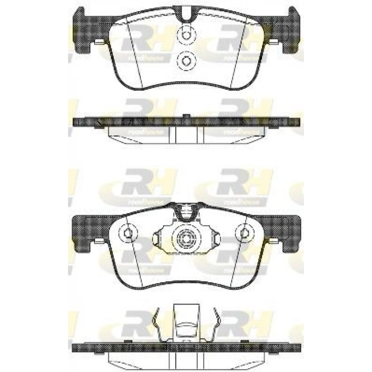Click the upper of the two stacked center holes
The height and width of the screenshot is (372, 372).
[185, 35]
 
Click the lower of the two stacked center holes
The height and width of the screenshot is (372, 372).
[185, 62]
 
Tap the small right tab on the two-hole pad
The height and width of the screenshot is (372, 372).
[272, 43]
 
